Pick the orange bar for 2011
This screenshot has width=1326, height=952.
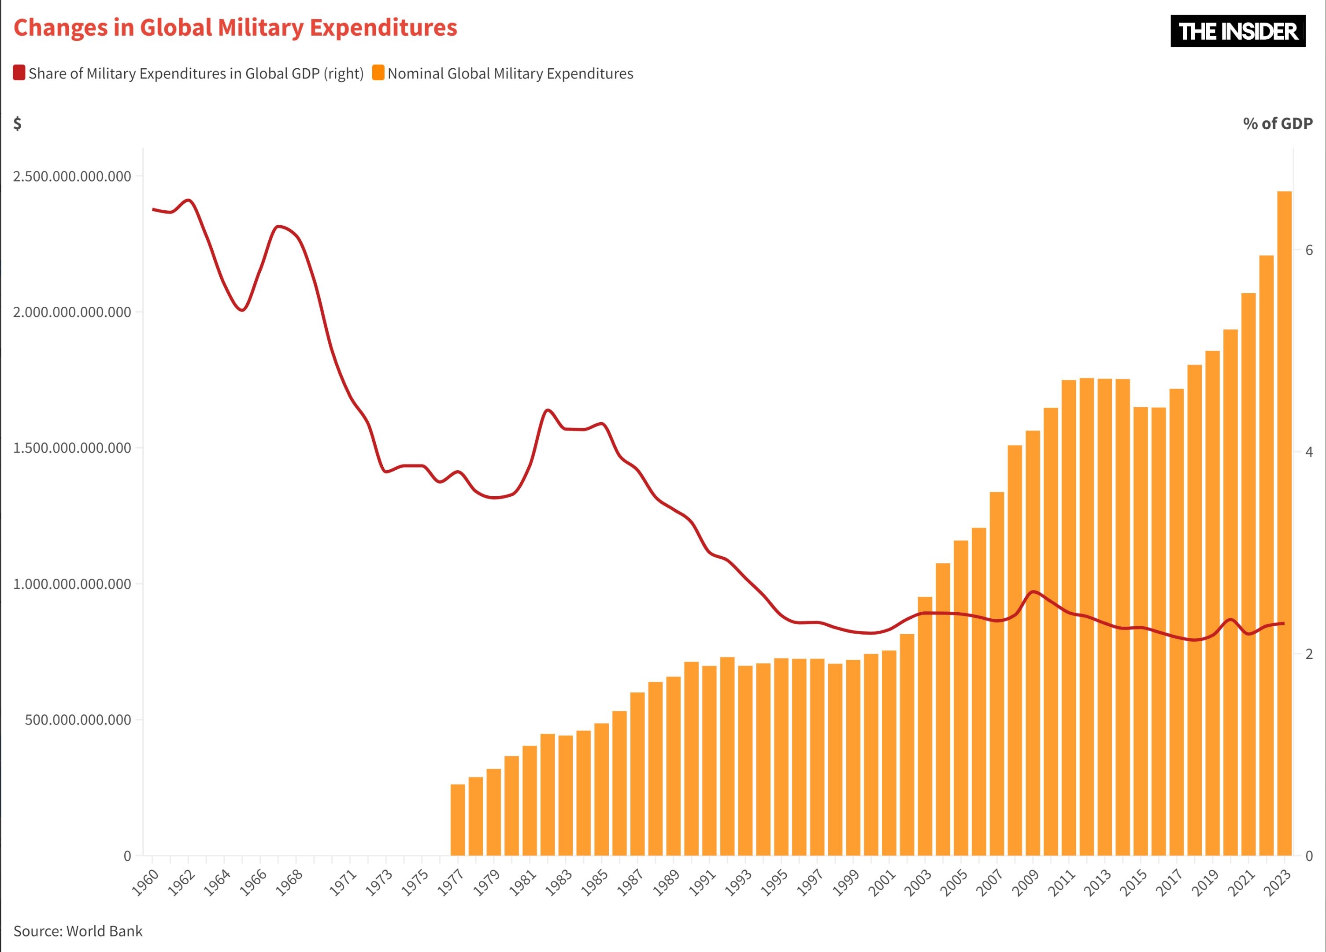click(1069, 617)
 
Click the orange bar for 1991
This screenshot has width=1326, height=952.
click(709, 760)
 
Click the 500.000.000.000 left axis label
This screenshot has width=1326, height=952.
click(78, 720)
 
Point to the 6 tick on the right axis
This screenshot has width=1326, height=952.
click(1309, 250)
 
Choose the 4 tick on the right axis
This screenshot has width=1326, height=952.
click(1309, 452)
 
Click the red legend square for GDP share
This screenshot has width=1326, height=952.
click(19, 73)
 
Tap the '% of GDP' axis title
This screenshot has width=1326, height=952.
click(1278, 123)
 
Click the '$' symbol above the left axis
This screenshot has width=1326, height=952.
click(18, 123)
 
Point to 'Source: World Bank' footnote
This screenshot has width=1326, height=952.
click(78, 931)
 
